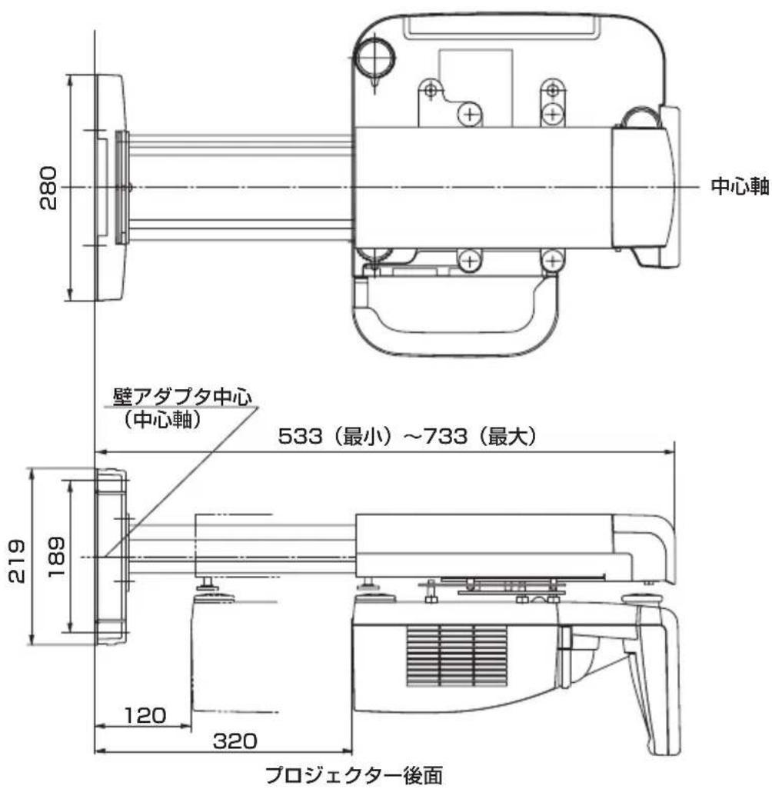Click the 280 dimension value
pos(50,187)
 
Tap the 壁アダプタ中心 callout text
pos(182,399)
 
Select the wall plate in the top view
pos(108,188)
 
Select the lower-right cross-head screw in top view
pos(550,261)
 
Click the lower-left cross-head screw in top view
pos(468,261)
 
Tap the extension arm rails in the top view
pos(238,188)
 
